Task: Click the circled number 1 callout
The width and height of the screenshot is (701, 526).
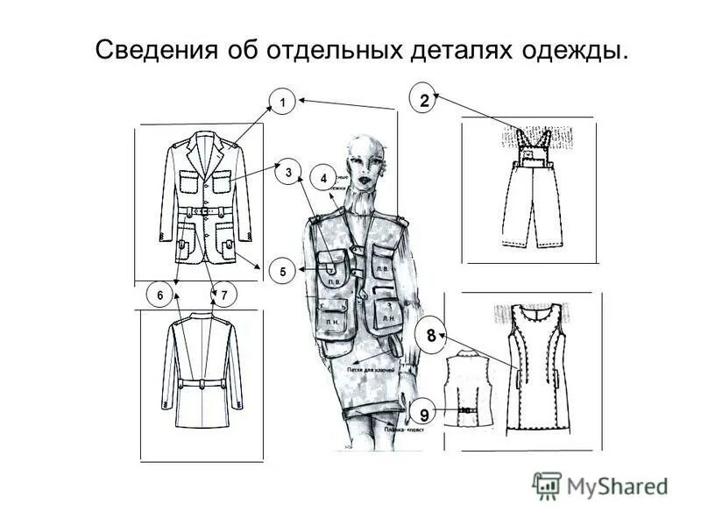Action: [281, 103]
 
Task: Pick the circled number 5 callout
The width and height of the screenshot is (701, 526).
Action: [282, 272]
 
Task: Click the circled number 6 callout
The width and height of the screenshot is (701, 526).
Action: [160, 296]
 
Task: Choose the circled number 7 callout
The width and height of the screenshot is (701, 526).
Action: [224, 296]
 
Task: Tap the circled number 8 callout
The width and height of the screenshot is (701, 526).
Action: [431, 335]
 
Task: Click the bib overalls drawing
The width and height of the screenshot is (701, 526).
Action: [528, 188]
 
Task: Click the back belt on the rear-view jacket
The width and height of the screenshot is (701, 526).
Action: [202, 384]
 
